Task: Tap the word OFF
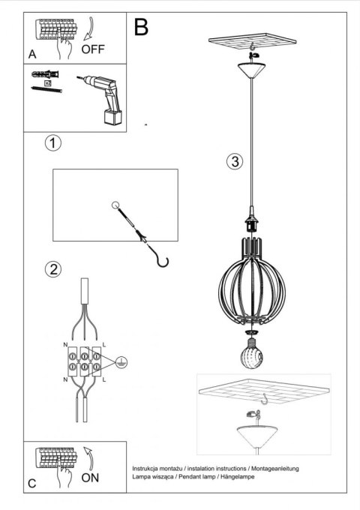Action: click(x=93, y=51)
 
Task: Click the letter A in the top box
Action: click(x=32, y=55)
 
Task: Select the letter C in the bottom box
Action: click(x=31, y=484)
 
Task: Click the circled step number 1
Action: click(x=52, y=142)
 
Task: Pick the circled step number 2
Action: click(x=52, y=268)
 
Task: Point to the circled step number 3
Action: click(x=235, y=162)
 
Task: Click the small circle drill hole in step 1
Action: click(x=115, y=205)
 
